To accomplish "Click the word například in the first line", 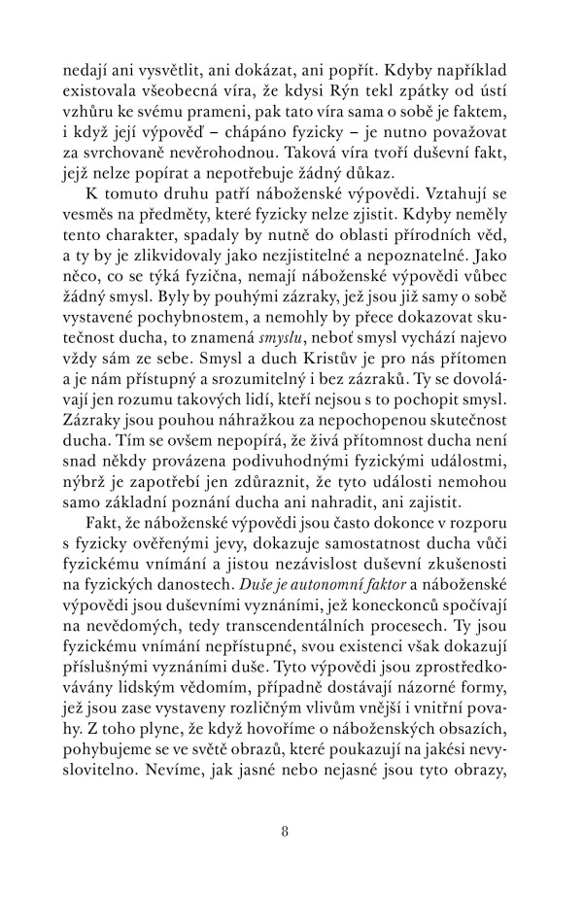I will click(x=473, y=70).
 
